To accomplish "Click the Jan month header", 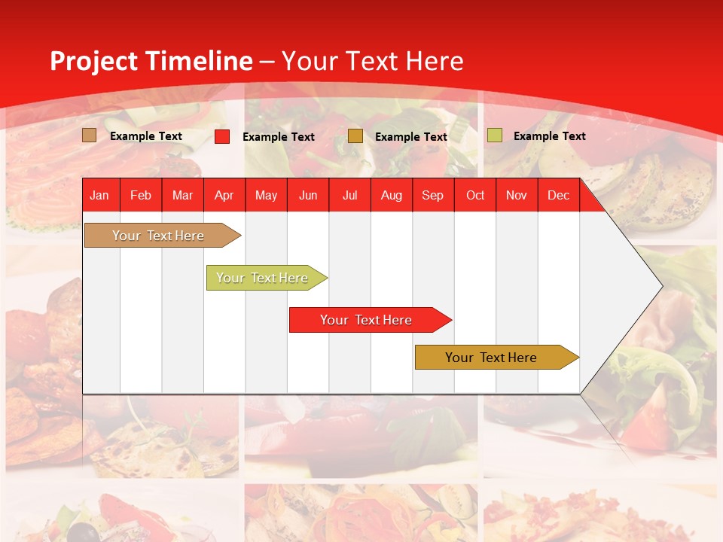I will pyautogui.click(x=99, y=196).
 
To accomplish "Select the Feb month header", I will pyautogui.click(x=141, y=196).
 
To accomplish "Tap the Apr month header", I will pyautogui.click(x=224, y=196).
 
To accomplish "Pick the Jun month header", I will pyautogui.click(x=308, y=196).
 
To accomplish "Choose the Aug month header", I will pyautogui.click(x=391, y=196).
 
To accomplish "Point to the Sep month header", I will pyautogui.click(x=432, y=196).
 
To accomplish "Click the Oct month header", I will pyautogui.click(x=475, y=196).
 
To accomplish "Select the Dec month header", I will pyautogui.click(x=558, y=196).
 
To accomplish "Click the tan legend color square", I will pyautogui.click(x=90, y=135).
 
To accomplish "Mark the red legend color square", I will pyautogui.click(x=222, y=136).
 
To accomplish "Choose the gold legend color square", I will pyautogui.click(x=355, y=136).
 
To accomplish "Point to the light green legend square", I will pyautogui.click(x=495, y=135).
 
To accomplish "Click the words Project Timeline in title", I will pyautogui.click(x=151, y=61).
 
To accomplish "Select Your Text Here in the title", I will pyautogui.click(x=372, y=61).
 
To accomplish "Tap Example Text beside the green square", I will pyautogui.click(x=549, y=136).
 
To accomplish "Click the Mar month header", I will pyautogui.click(x=182, y=196).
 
